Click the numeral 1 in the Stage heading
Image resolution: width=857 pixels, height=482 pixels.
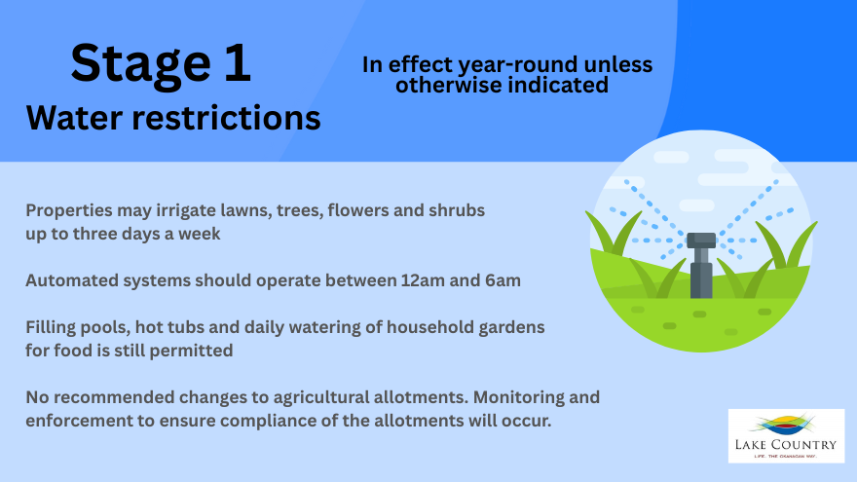tap(237, 63)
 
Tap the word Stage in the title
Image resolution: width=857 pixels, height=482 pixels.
tap(140, 65)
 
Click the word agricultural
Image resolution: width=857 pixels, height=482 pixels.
tap(321, 397)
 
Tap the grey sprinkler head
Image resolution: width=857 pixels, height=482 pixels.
tap(701, 265)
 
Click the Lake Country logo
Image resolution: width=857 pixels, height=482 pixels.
tap(786, 436)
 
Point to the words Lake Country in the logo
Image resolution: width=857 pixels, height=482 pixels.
tap(785, 444)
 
